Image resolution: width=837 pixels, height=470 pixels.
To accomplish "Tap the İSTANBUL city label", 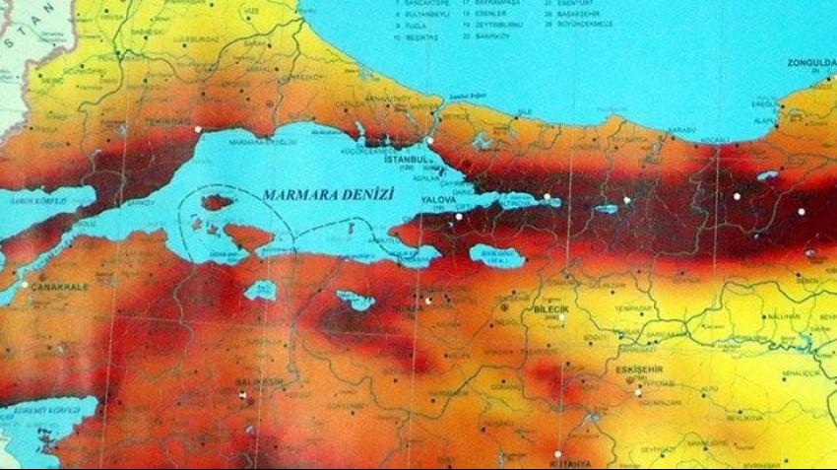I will pyautogui.click(x=409, y=158).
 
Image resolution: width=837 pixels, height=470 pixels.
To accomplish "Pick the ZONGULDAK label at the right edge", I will pyautogui.click(x=810, y=63).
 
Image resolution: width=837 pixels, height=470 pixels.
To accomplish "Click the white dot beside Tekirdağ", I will pyautogui.click(x=198, y=130).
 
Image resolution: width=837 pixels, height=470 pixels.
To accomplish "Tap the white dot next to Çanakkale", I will pyautogui.click(x=24, y=285).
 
